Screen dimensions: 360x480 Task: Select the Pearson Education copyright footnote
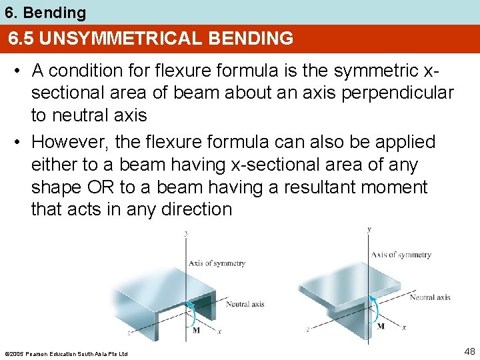[x=65, y=353]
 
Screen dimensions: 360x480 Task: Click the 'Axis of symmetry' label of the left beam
[x=217, y=263]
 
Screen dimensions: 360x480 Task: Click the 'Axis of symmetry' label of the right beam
[x=401, y=255]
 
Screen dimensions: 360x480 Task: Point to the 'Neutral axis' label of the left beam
[x=245, y=304]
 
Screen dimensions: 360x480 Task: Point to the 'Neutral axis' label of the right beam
[x=429, y=297]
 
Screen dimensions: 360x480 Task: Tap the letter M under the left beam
[x=196, y=329]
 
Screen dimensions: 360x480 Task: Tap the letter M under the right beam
[x=381, y=327]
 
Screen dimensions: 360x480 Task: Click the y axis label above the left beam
[x=186, y=233]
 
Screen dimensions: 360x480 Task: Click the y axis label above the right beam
[x=370, y=229]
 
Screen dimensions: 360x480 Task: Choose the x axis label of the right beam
[x=404, y=327]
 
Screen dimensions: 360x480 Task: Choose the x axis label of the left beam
[x=219, y=331]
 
